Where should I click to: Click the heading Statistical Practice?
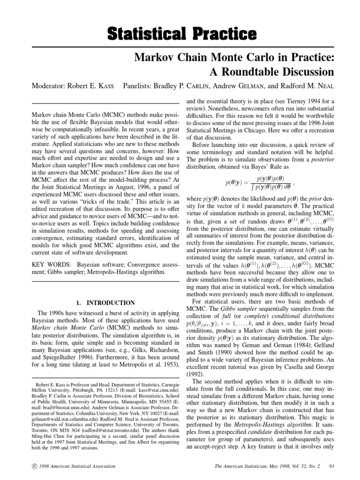(180, 34)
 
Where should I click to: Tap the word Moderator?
(50, 86)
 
